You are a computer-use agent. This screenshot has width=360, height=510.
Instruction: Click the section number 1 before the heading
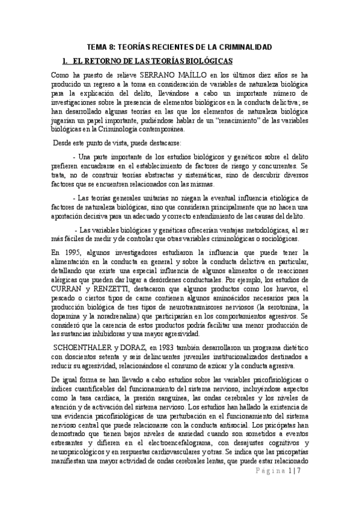coord(65,61)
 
